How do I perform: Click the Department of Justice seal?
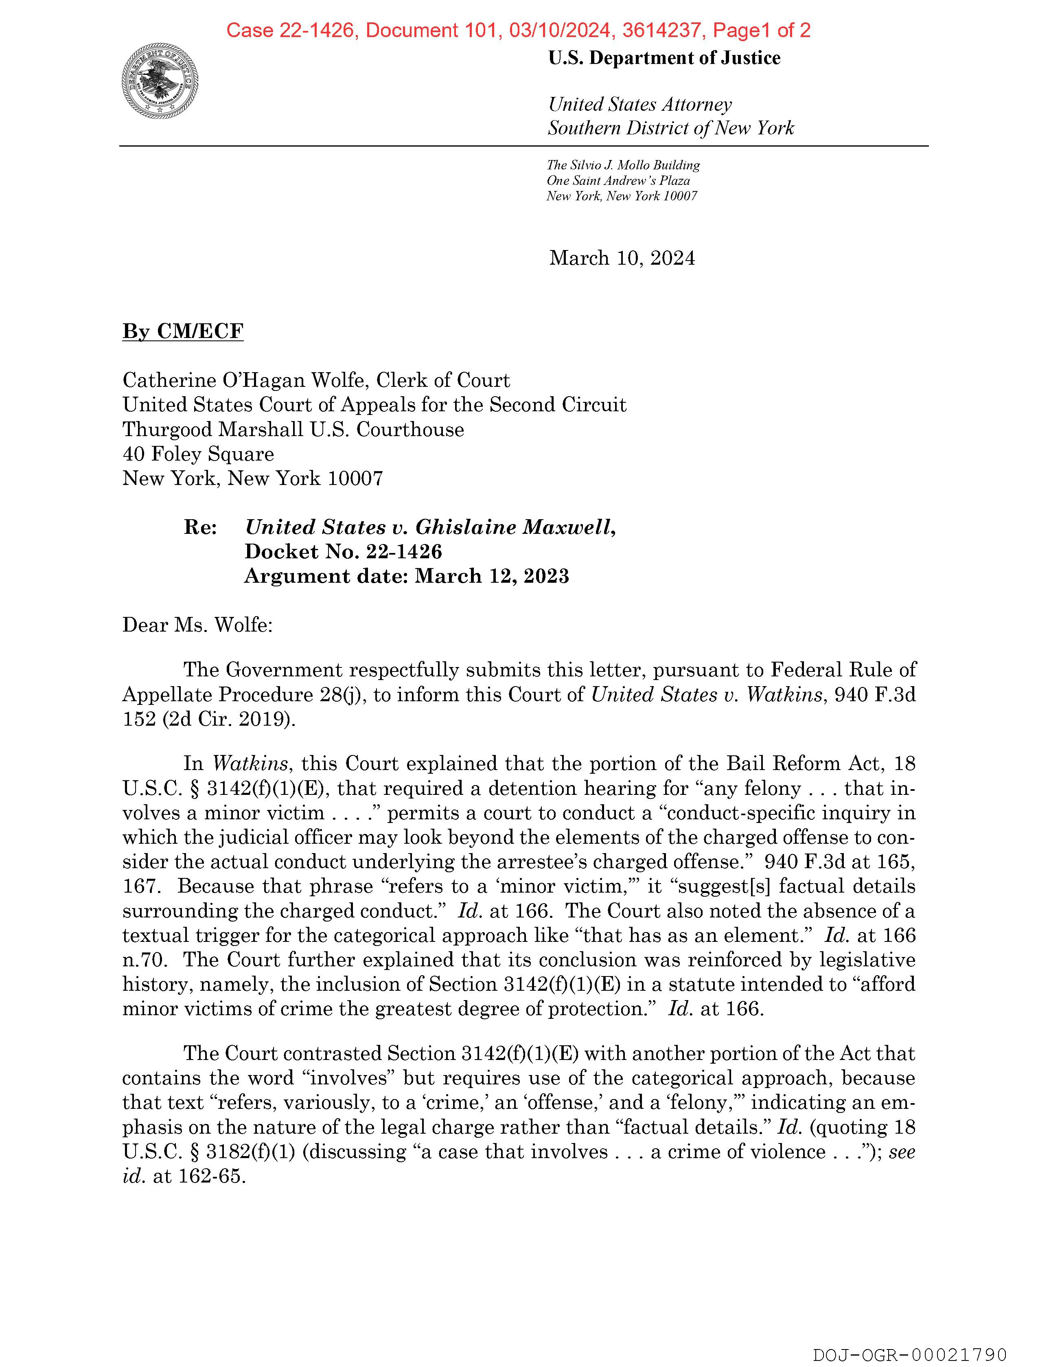click(x=160, y=81)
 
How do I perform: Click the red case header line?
click(x=518, y=30)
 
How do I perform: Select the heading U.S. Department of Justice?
click(x=664, y=58)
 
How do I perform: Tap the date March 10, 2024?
click(x=622, y=258)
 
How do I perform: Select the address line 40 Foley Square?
click(x=198, y=454)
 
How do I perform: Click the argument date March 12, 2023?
click(x=492, y=576)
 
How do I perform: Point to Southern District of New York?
click(x=670, y=128)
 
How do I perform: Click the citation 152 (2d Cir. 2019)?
click(x=209, y=720)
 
